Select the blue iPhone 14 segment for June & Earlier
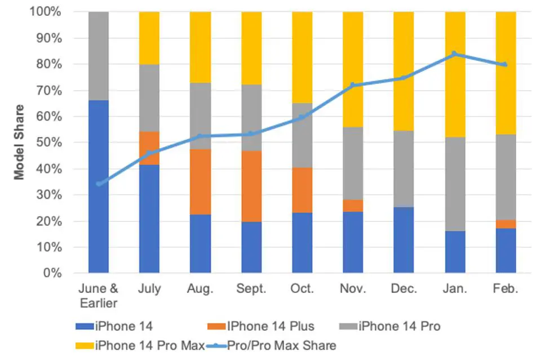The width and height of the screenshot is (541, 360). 99,186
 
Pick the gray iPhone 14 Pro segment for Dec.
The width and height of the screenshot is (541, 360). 403,169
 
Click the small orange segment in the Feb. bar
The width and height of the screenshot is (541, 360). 505,224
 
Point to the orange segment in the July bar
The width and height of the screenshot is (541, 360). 149,148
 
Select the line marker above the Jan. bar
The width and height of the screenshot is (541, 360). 454,54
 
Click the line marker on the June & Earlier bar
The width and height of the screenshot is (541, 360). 99,184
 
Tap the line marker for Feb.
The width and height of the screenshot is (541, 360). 505,64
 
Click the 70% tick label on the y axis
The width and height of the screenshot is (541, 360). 47,91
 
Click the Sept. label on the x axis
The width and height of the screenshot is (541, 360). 251,289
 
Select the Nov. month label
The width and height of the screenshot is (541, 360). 353,289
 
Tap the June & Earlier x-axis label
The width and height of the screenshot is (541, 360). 99,296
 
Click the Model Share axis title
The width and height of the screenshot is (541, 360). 20,142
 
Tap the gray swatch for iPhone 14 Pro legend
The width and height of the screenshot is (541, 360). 348,326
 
